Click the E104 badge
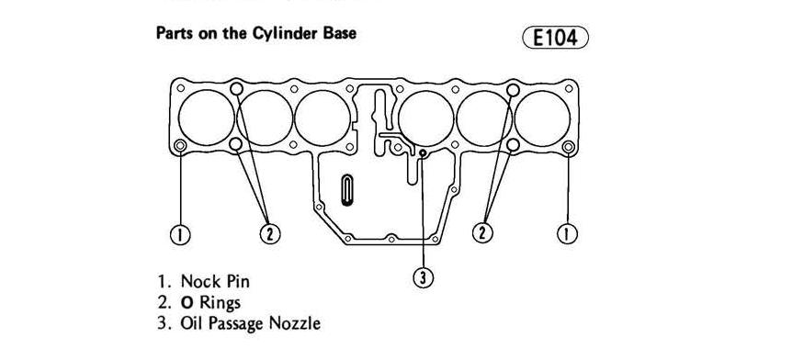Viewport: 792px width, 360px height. point(556,38)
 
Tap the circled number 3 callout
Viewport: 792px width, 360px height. point(424,277)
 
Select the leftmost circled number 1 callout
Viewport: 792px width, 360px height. point(180,234)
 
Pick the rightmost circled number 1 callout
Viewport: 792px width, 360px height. point(567,233)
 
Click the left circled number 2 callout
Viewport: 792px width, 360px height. point(270,233)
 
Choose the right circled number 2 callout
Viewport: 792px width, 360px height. point(482,232)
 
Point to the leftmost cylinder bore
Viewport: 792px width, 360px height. point(206,118)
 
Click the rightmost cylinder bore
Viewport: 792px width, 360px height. point(543,118)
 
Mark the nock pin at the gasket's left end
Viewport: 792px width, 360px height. point(180,146)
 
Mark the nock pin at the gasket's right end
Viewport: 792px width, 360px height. point(568,147)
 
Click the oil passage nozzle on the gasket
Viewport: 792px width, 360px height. point(424,152)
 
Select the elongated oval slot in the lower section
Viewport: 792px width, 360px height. point(346,190)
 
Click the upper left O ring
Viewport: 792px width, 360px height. point(236,89)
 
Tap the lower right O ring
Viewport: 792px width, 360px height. point(513,145)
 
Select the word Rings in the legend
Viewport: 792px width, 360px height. point(221,303)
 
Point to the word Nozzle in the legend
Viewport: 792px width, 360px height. point(295,323)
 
